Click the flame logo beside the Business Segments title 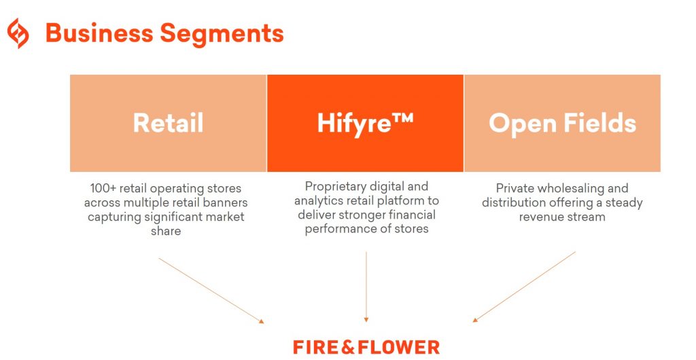18,33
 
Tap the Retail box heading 168,123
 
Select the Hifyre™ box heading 365,123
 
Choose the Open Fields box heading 562,123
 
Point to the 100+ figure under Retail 103,188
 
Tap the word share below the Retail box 166,231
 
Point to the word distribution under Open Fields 515,202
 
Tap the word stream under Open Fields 587,217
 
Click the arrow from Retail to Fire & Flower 211,289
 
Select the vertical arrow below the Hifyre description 366,285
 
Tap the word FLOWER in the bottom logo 401,347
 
